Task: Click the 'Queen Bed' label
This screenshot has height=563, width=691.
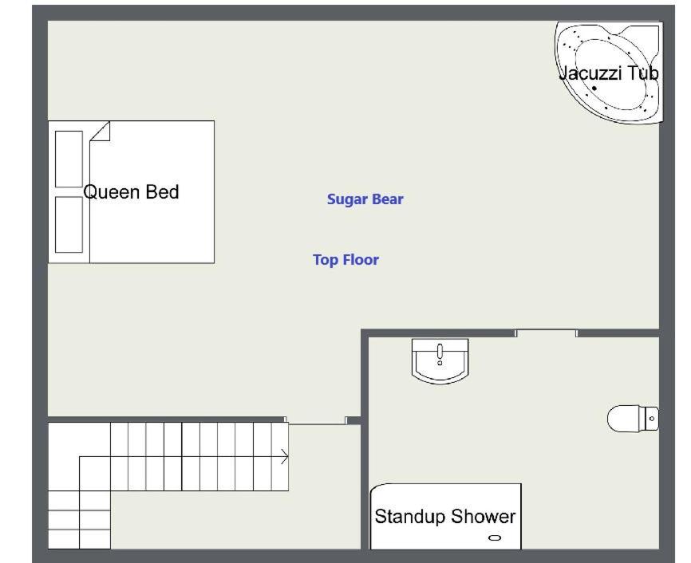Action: (131, 192)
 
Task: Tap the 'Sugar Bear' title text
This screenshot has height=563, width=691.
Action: (365, 199)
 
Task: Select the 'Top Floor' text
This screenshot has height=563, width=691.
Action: (345, 259)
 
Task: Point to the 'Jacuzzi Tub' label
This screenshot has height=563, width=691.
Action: (608, 73)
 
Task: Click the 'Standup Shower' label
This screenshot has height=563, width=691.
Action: (444, 516)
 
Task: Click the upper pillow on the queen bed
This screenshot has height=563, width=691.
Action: (69, 159)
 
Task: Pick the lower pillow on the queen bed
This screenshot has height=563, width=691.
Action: (69, 225)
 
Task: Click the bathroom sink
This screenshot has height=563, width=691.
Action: (440, 360)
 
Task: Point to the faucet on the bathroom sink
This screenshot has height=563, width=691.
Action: (440, 353)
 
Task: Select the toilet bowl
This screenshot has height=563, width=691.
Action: (623, 419)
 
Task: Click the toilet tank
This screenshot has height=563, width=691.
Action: (649, 419)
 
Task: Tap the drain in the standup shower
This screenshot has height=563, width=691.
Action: (495, 537)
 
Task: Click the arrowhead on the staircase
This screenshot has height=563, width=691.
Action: (285, 457)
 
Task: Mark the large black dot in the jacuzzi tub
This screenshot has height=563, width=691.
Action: (594, 88)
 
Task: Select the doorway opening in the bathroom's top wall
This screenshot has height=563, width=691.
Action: (546, 333)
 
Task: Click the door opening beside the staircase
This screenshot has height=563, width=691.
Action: (316, 421)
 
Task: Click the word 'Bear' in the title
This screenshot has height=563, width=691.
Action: (387, 199)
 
